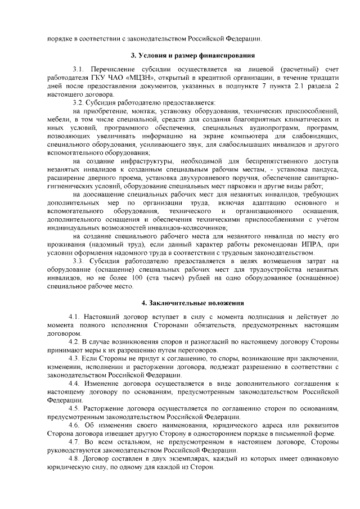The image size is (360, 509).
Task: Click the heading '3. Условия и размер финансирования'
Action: [192, 55]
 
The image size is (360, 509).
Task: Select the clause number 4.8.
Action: [74, 460]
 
